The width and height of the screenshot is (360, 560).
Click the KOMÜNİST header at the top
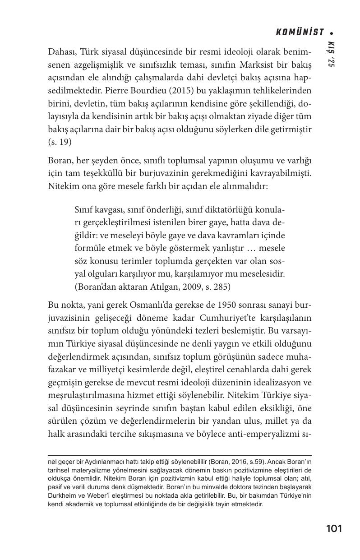click(300, 32)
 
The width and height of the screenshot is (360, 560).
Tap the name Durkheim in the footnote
click(62, 495)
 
